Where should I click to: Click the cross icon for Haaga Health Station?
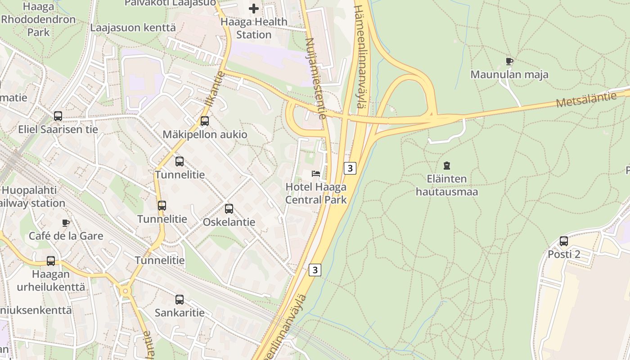pyautogui.click(x=254, y=8)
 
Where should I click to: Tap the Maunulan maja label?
pyautogui.click(x=509, y=75)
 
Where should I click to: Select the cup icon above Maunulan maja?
pyautogui.click(x=509, y=61)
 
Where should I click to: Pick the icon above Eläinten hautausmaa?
pyautogui.click(x=446, y=166)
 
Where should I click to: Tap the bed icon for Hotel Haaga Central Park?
pyautogui.click(x=316, y=173)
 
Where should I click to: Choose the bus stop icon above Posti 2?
pyautogui.click(x=564, y=241)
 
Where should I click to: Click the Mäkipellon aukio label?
pyautogui.click(x=205, y=135)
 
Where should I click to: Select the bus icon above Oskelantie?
pyautogui.click(x=229, y=209)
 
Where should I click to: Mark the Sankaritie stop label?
pyautogui.click(x=180, y=313)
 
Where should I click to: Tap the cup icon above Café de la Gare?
pyautogui.click(x=66, y=223)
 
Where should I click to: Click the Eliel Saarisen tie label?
pyautogui.click(x=58, y=130)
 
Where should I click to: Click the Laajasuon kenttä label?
pyautogui.click(x=133, y=27)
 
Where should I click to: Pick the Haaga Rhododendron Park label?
pyautogui.click(x=38, y=20)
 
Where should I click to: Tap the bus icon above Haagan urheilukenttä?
pyautogui.click(x=51, y=261)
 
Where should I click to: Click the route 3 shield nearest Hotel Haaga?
pyautogui.click(x=350, y=168)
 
